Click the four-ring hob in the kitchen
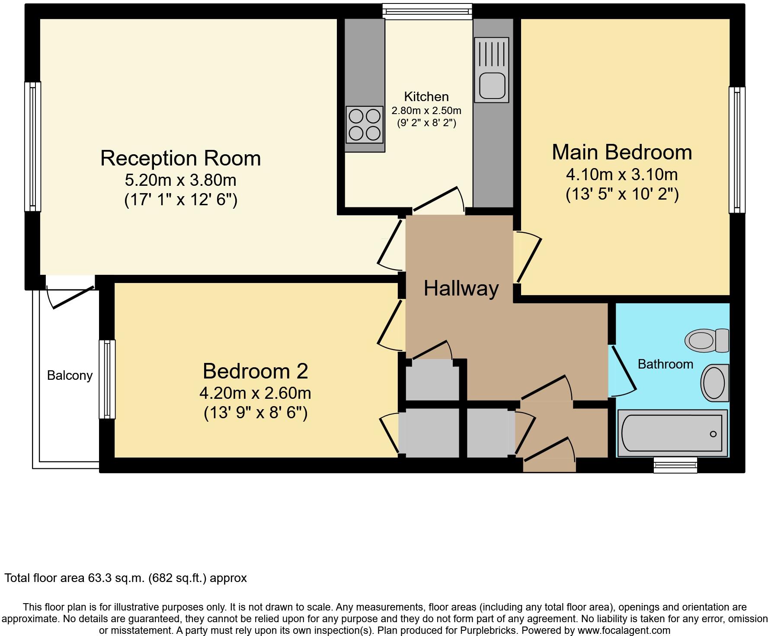[365, 124]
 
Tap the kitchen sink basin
[492, 86]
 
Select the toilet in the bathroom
[706, 340]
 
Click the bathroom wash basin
[715, 383]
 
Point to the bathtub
[672, 433]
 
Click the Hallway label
[461, 288]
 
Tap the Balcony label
[70, 375]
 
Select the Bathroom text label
[665, 364]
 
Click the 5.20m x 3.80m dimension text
[180, 179]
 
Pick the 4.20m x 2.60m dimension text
[255, 393]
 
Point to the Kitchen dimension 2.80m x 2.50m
[426, 111]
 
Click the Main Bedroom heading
[622, 152]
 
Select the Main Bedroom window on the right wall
[737, 150]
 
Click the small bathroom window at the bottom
[675, 464]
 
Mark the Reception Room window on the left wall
[32, 146]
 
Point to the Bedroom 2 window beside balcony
[107, 379]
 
